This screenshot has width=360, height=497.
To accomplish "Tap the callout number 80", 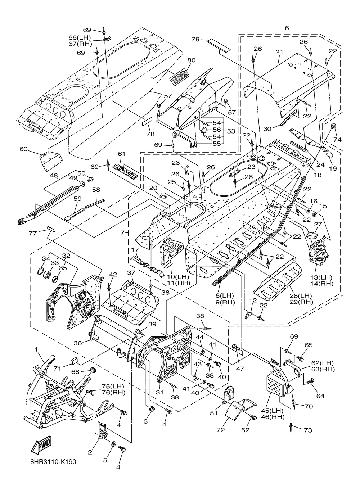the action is pos(191,60).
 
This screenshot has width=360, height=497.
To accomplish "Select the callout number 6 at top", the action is pos(287,28).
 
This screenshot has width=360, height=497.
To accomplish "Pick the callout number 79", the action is pos(195,40).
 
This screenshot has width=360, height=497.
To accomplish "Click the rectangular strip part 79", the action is pos(219,45).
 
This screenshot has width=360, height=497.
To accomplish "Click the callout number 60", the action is pos(23,149).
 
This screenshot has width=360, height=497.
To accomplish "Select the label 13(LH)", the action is pos(321,277).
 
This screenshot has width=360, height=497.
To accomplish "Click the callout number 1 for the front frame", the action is pos(36,350).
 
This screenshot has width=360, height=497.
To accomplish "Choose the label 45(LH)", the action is pos(272,411).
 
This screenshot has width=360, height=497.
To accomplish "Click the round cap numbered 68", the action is pos(92,370).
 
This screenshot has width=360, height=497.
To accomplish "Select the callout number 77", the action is pos(33,233).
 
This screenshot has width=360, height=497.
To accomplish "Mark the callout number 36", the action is pos(78,343).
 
